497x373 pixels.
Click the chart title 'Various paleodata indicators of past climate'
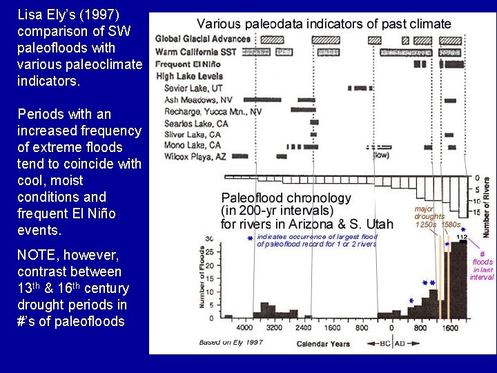click(x=324, y=24)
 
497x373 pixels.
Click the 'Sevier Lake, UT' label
click(x=197, y=88)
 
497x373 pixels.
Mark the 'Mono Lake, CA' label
click(x=193, y=146)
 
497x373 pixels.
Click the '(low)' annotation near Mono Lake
click(x=382, y=155)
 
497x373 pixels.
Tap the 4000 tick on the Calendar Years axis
click(x=245, y=328)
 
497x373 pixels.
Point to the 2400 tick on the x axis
click(x=303, y=328)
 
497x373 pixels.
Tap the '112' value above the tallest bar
click(x=462, y=237)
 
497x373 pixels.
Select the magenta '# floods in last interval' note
click(x=482, y=265)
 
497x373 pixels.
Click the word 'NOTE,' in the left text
click(x=35, y=256)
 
